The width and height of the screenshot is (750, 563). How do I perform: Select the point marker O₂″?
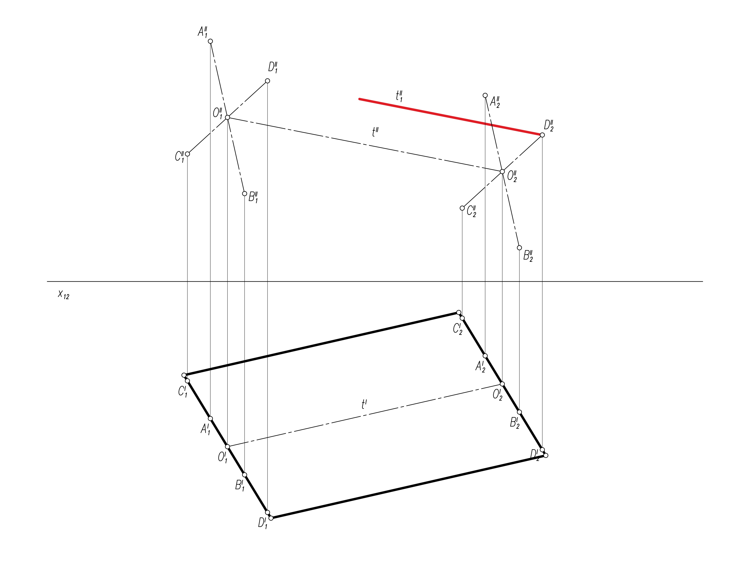pos(502,172)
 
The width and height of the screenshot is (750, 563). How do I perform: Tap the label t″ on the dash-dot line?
pos(375,132)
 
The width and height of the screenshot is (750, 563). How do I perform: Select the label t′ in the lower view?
pos(364,404)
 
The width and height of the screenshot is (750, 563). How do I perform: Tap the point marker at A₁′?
pos(210,418)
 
